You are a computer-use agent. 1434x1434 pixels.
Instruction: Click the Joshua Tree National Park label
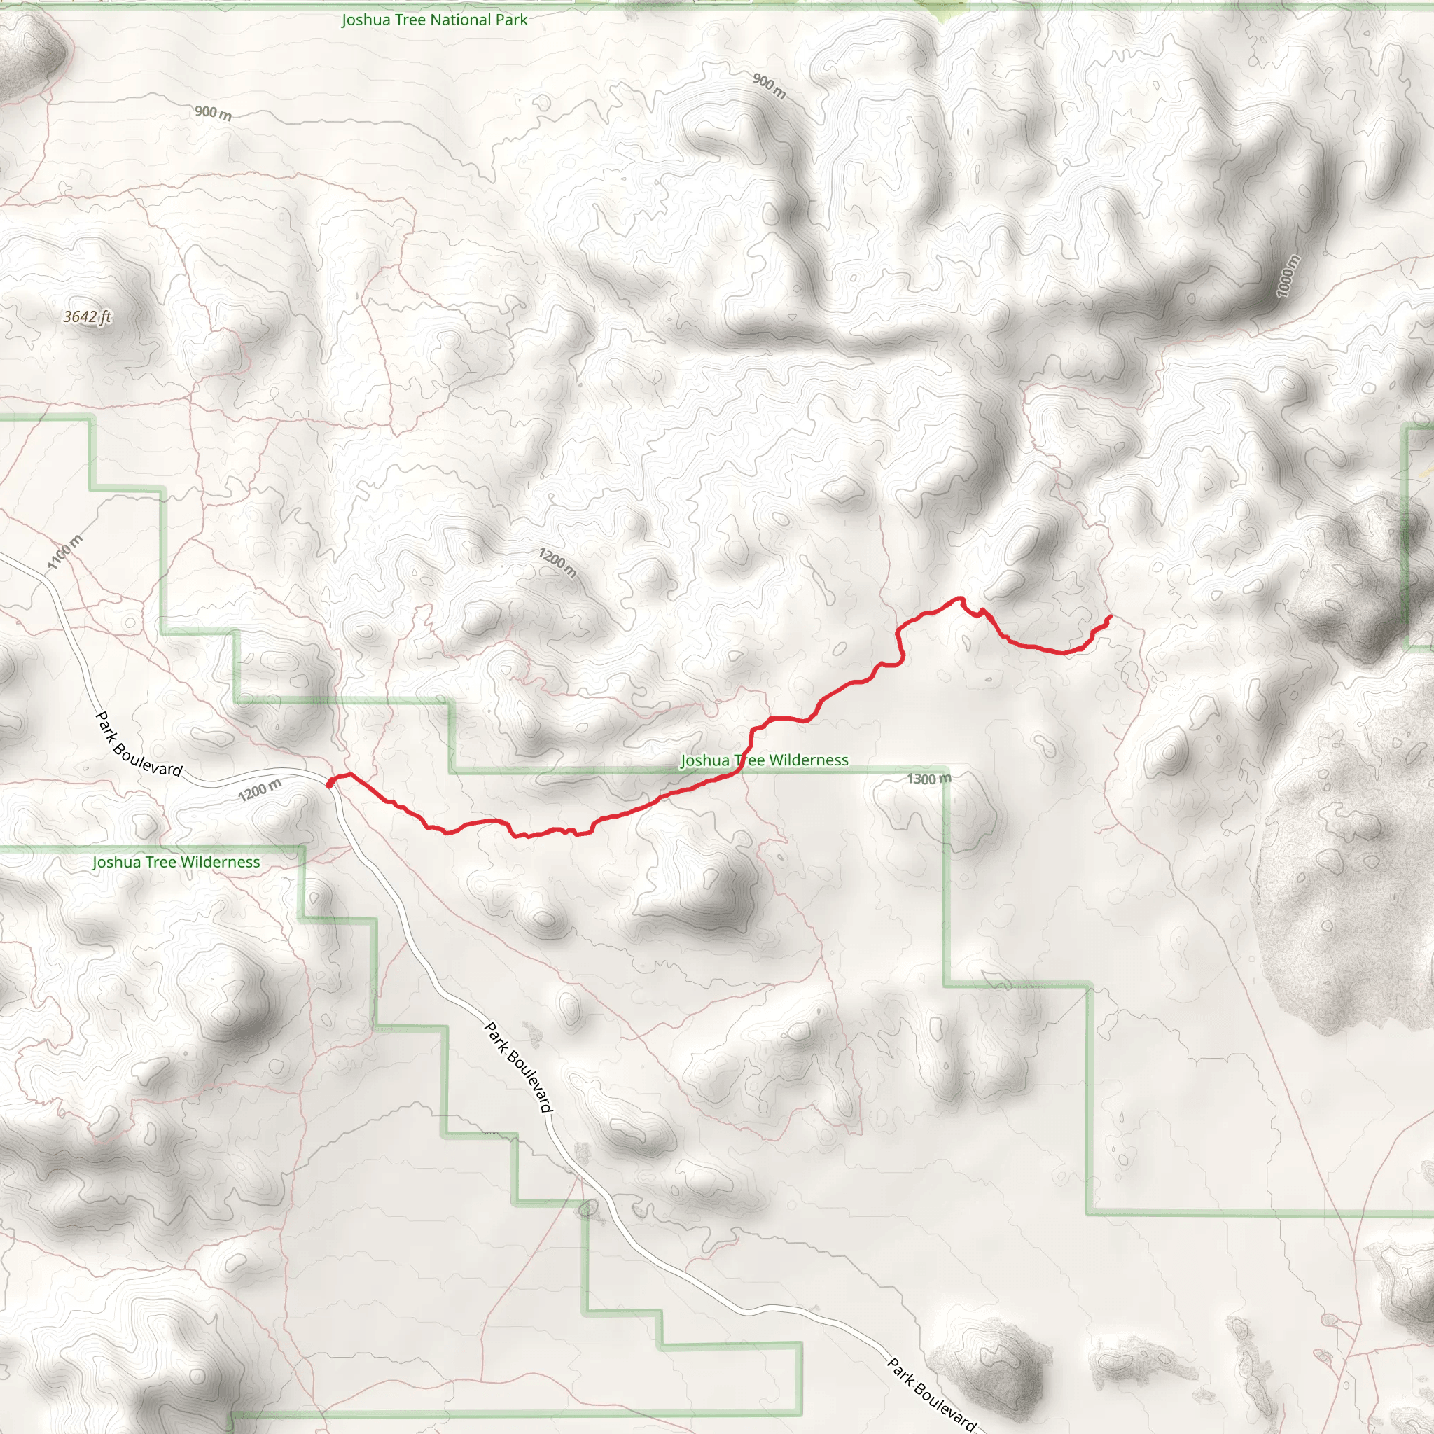pyautogui.click(x=434, y=20)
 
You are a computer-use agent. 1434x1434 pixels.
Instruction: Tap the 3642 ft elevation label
pyautogui.click(x=87, y=317)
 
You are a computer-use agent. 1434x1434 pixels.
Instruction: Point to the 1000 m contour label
pyautogui.click(x=1288, y=276)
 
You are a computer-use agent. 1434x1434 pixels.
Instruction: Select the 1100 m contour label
pyautogui.click(x=65, y=552)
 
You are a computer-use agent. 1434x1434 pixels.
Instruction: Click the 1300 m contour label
pyautogui.click(x=928, y=779)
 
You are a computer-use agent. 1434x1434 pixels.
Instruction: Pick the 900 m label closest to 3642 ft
pyautogui.click(x=213, y=113)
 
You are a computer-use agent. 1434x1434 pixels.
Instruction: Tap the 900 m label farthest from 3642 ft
pyautogui.click(x=769, y=86)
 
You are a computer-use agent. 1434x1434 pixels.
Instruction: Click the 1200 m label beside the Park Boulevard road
pyautogui.click(x=260, y=790)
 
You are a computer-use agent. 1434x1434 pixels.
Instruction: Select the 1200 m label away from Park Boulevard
pyautogui.click(x=557, y=563)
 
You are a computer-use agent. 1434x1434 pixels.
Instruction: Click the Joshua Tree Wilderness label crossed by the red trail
pyautogui.click(x=765, y=760)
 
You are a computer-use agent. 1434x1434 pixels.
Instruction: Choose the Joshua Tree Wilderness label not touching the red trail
pyautogui.click(x=176, y=862)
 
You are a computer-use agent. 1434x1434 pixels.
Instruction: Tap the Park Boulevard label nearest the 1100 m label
pyautogui.click(x=139, y=744)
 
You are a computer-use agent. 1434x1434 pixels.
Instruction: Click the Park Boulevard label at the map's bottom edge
pyautogui.click(x=932, y=1395)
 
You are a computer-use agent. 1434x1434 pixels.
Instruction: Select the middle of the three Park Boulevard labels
pyautogui.click(x=519, y=1067)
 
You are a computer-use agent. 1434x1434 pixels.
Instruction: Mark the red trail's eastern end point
pyautogui.click(x=1110, y=617)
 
